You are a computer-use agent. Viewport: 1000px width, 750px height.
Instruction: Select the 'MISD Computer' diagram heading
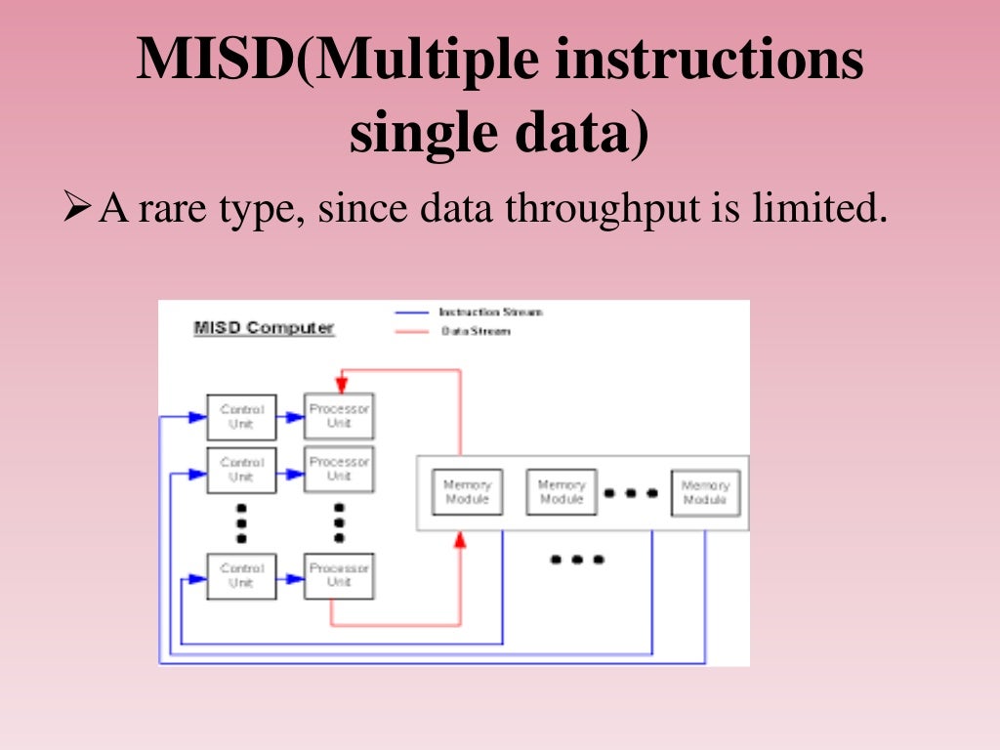pos(264,328)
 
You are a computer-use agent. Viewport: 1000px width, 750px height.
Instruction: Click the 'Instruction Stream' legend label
pos(490,312)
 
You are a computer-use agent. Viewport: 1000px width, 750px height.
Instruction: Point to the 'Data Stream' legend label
pos(476,331)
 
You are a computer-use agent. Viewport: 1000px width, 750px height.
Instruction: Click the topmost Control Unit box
pos(241,417)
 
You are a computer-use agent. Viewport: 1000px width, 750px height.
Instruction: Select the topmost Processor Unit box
pos(339,416)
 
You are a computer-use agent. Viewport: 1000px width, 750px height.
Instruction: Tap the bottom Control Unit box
pos(241,575)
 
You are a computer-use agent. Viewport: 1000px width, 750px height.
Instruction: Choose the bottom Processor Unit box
pos(339,575)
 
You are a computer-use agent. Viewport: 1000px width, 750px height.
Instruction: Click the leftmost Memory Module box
pos(467,492)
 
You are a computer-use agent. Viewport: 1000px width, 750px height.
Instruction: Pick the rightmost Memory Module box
pos(704,493)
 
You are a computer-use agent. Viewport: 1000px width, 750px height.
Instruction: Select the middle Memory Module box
pos(561,492)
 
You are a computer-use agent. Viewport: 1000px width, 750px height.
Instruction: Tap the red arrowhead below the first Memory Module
pos(460,540)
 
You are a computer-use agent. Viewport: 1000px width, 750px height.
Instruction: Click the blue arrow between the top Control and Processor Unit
pos(290,417)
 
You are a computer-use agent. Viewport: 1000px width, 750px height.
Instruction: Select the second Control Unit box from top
pos(241,470)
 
